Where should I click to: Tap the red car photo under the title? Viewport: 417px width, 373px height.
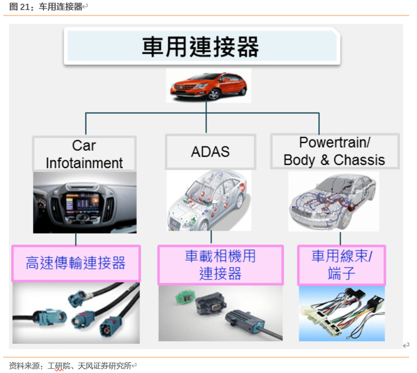point(206,86)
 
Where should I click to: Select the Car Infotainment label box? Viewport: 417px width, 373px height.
point(84,154)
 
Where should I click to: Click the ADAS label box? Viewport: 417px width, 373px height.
point(210,151)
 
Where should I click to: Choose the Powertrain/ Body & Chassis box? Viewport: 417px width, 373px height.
point(334,151)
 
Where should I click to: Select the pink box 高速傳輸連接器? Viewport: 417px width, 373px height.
point(76,263)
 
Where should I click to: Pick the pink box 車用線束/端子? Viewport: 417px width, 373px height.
point(341,265)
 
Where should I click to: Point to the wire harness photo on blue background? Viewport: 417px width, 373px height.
point(341,313)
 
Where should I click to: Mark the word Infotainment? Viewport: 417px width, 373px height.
point(84,163)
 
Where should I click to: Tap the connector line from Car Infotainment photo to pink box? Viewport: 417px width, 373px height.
point(76,238)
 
